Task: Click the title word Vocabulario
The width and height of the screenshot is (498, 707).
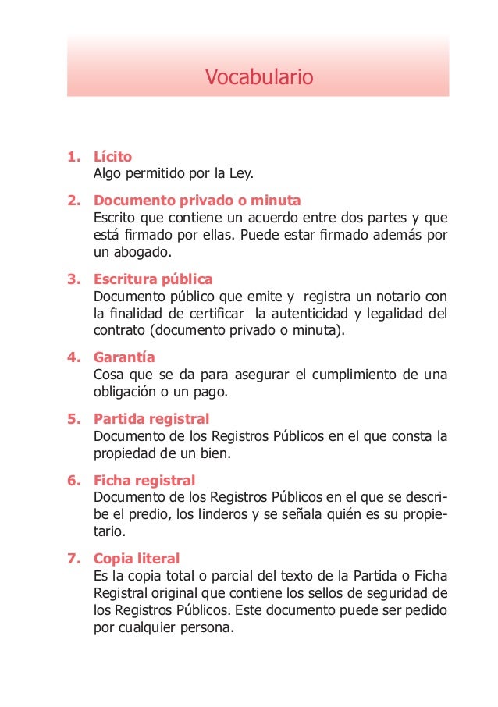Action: click(x=258, y=77)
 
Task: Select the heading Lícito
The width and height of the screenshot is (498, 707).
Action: click(x=112, y=156)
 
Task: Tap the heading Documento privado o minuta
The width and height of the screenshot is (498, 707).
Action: click(x=197, y=201)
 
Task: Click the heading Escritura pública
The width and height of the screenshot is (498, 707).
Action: click(x=153, y=279)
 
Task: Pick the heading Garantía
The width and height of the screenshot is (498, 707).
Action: click(x=124, y=357)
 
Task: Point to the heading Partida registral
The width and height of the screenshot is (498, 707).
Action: click(x=151, y=419)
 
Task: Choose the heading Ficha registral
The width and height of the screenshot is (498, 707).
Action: click(x=144, y=480)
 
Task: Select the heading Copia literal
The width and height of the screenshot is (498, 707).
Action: click(x=137, y=558)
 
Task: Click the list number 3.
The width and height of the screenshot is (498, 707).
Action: click(x=73, y=279)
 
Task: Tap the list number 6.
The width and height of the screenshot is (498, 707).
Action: click(x=73, y=480)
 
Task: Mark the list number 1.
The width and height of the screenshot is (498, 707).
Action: click(x=73, y=156)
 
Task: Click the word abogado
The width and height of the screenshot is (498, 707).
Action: click(x=138, y=253)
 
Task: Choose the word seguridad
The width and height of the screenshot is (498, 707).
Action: click(x=403, y=593)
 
